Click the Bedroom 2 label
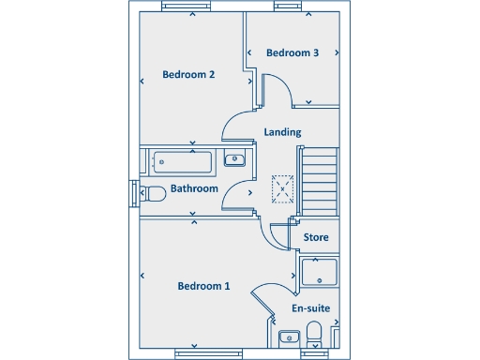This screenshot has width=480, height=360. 189,75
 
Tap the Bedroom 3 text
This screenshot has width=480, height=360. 292,53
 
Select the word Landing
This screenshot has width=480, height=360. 282,132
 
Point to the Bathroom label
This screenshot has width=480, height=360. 194,188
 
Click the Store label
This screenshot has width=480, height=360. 316,238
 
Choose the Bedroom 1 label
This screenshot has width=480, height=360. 203,286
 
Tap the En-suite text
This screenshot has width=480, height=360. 310,308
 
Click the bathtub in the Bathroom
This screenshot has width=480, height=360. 185,160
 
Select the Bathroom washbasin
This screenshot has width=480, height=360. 236,159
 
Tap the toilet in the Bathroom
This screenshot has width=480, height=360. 153,193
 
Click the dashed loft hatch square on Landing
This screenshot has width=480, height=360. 281,189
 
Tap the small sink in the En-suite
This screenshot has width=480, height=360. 289,337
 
